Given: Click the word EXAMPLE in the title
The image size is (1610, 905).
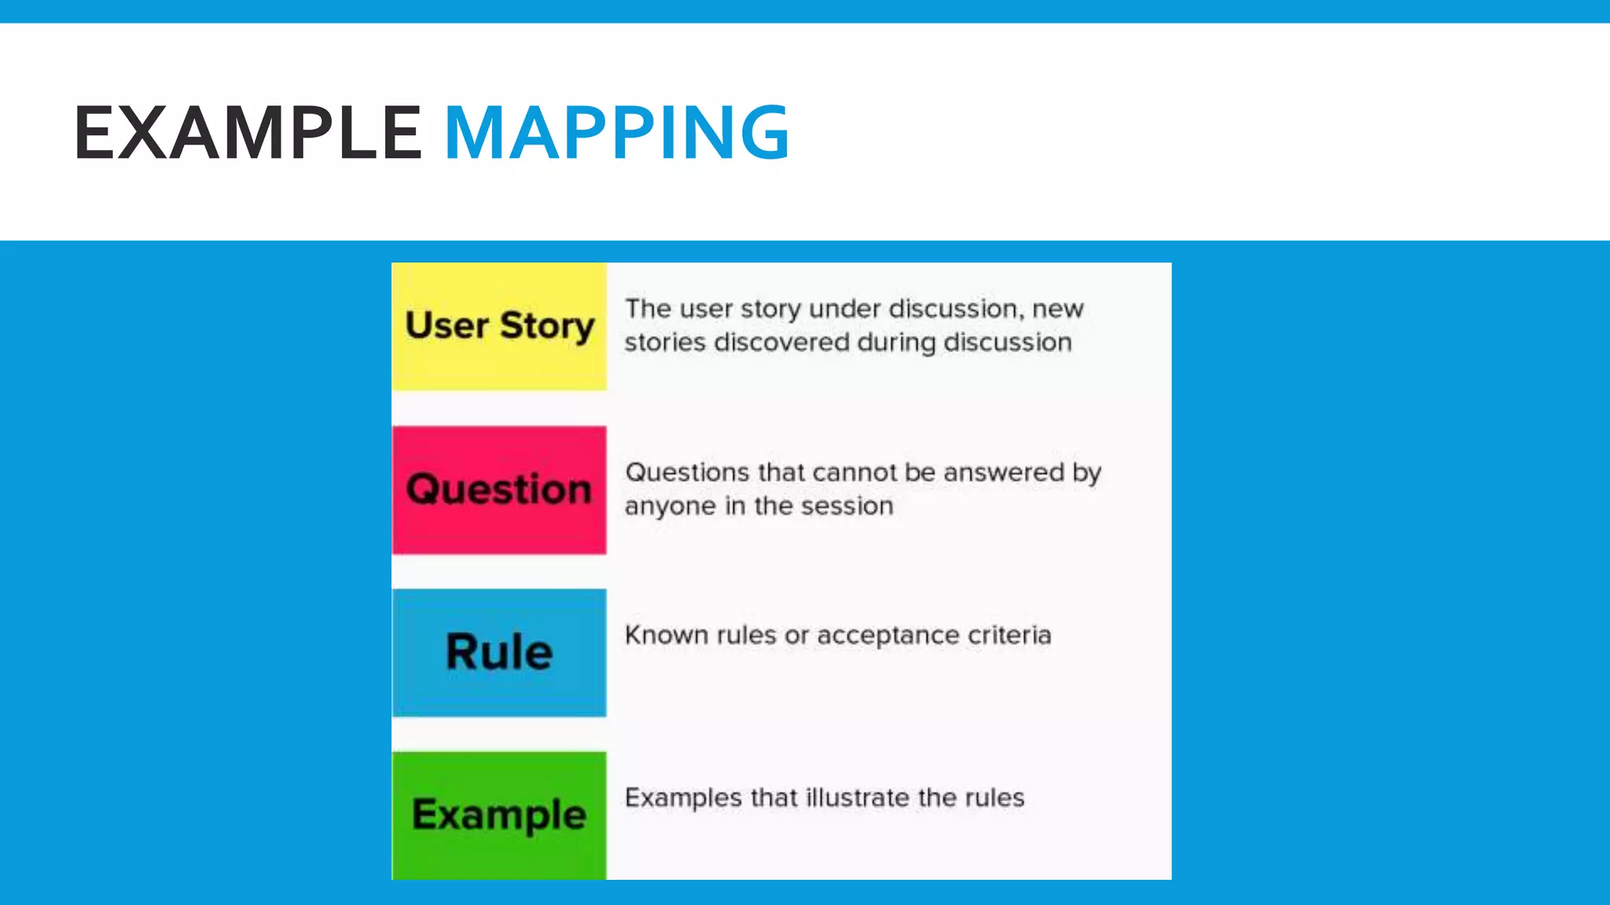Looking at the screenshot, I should click(248, 133).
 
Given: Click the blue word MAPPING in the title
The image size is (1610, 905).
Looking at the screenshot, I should click(617, 133).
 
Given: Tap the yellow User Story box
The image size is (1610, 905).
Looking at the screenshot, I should click(499, 326).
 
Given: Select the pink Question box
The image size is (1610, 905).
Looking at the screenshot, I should click(499, 489).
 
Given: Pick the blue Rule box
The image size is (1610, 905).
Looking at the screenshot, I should click(499, 652).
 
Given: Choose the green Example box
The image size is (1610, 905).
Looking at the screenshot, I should click(499, 815).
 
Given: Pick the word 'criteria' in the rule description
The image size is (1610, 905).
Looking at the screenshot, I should click(1009, 635).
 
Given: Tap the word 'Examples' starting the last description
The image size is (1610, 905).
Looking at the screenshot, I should click(683, 798).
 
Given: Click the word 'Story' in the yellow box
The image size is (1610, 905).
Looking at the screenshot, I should click(547, 326).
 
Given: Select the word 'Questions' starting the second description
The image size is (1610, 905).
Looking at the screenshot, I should click(687, 472).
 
